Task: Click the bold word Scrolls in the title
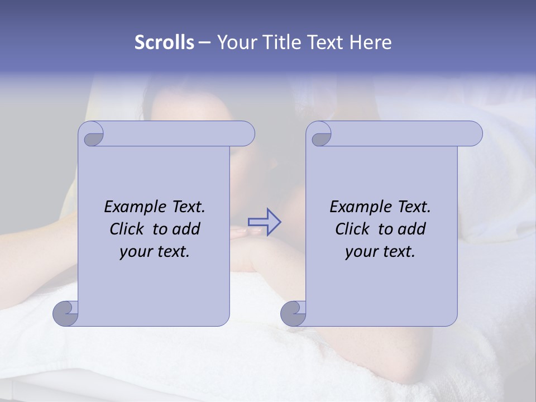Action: (164, 42)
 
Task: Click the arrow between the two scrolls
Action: (265, 222)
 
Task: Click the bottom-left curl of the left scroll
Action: (66, 313)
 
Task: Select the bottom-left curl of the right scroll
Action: (294, 313)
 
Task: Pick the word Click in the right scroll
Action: (353, 229)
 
